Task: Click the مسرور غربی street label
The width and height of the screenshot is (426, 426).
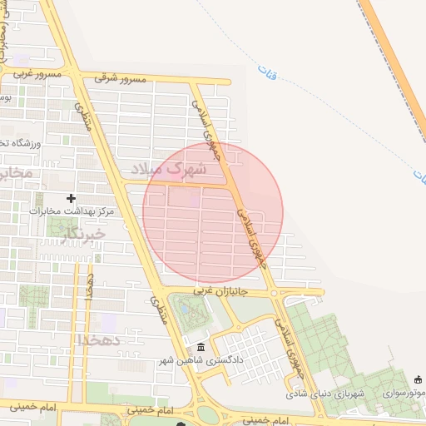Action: point(31,73)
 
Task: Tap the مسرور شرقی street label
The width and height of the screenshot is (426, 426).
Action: point(120,78)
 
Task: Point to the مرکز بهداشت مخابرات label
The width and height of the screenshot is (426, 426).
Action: point(71,211)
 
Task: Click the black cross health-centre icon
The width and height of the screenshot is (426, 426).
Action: point(71,198)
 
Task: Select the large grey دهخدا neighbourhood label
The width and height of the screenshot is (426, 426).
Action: point(99,340)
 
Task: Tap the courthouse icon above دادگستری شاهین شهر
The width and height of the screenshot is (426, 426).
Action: point(200,348)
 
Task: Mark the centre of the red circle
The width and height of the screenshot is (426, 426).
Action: point(213,213)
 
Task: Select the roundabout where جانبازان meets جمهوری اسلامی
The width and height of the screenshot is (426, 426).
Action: point(274,292)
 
